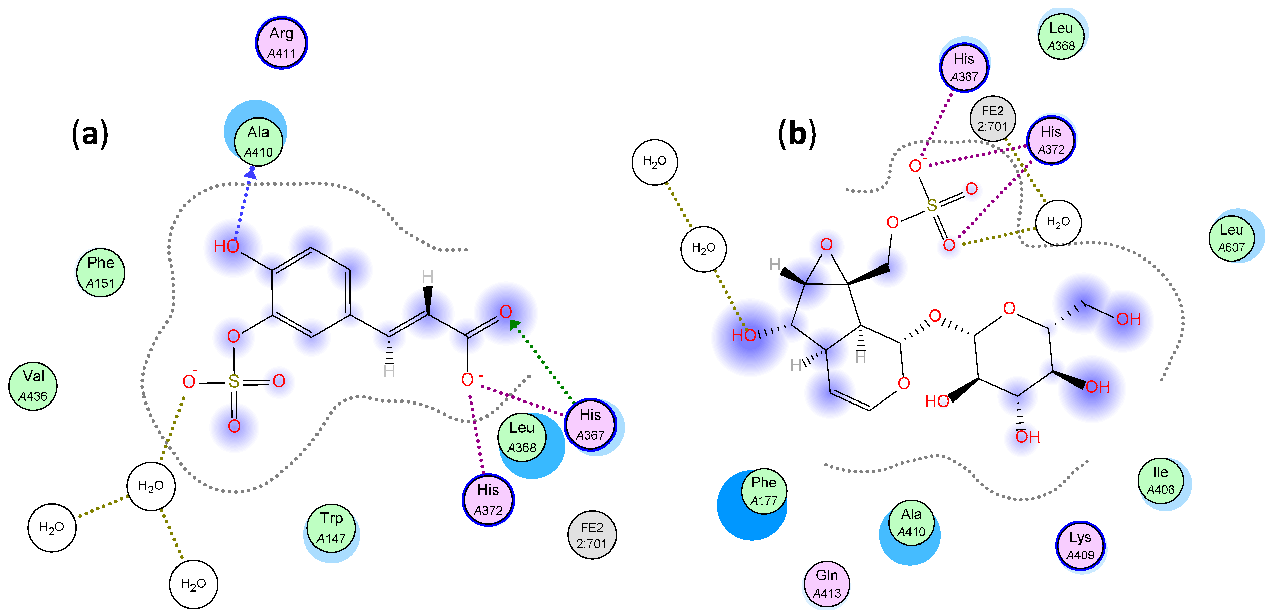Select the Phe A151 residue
(x=100, y=273)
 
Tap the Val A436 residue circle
(x=33, y=386)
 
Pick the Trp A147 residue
(x=331, y=528)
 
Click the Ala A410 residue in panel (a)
(x=258, y=142)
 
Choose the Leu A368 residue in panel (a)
(x=521, y=437)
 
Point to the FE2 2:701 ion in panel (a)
(x=592, y=535)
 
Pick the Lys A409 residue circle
(x=1080, y=546)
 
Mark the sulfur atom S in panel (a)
(x=234, y=381)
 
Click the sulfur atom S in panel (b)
(x=931, y=205)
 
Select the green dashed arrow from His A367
(x=542, y=360)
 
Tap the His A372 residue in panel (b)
(x=1051, y=140)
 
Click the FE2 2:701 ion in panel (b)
(x=992, y=118)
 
